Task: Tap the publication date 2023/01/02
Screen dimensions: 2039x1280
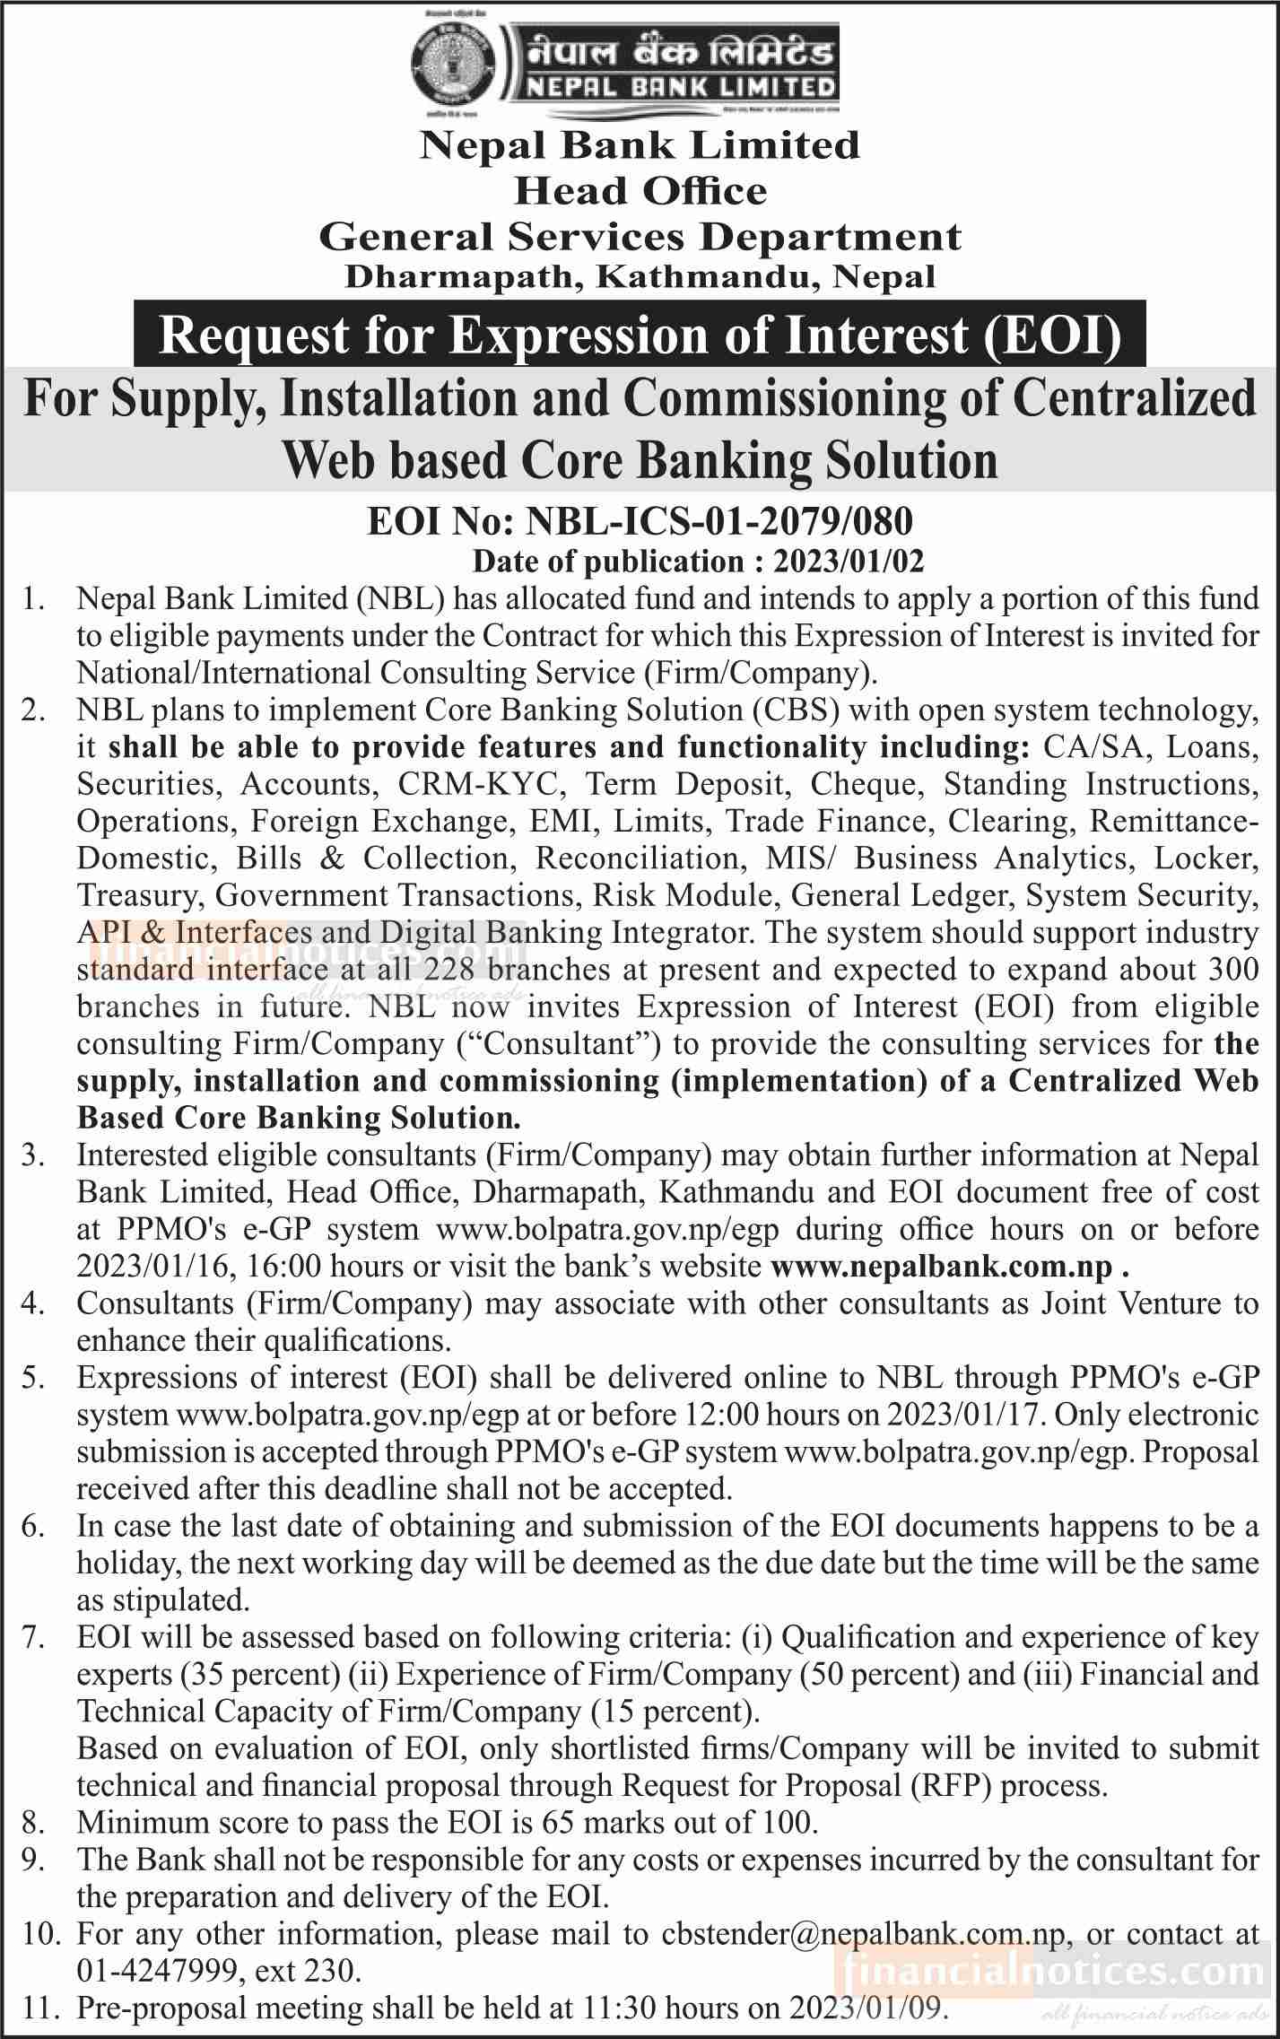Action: tap(849, 562)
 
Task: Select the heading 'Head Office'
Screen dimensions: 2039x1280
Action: tap(640, 191)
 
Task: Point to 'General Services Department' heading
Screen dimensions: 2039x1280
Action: tap(640, 237)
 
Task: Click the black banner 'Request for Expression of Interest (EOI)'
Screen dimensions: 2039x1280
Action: tap(640, 335)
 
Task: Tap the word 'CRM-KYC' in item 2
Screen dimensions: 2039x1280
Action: tap(480, 783)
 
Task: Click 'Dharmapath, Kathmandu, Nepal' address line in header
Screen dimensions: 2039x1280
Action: tap(640, 276)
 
